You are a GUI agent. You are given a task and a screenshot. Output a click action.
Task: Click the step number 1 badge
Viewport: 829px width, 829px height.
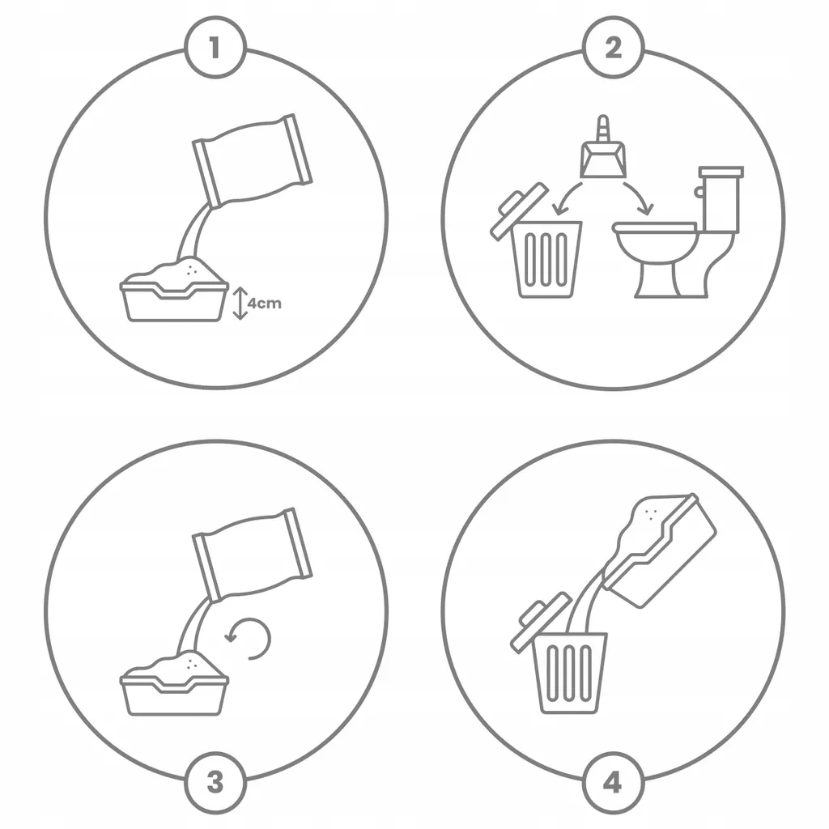click(x=215, y=48)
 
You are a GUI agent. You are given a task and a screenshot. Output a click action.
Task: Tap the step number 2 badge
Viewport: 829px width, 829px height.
click(x=614, y=48)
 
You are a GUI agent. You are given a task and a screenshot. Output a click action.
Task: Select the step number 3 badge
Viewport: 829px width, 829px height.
click(x=215, y=782)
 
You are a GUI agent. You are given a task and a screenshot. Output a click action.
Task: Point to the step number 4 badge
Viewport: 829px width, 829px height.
click(x=614, y=782)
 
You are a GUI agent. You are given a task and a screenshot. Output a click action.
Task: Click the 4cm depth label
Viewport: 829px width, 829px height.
click(x=265, y=304)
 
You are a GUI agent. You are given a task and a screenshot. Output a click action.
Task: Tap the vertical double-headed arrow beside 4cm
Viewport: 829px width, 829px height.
click(x=240, y=303)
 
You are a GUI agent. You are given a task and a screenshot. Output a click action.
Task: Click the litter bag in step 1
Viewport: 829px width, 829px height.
click(x=253, y=159)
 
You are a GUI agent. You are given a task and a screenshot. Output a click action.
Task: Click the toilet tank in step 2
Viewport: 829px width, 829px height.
click(x=721, y=199)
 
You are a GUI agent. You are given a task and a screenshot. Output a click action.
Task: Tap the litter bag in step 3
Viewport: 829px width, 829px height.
click(x=253, y=554)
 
